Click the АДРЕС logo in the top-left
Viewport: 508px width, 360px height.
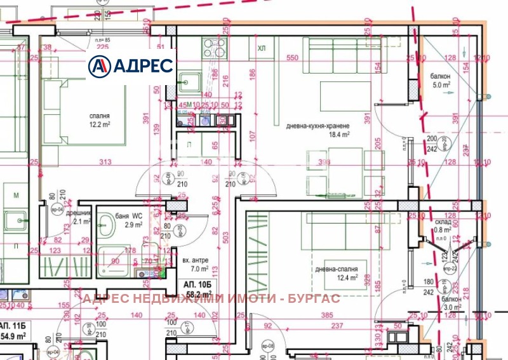pyautogui.click(x=131, y=65)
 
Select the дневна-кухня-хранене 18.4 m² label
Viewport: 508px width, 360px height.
pyautogui.click(x=317, y=130)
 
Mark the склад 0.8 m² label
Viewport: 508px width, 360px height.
pyautogui.click(x=443, y=226)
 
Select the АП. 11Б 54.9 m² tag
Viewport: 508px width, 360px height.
pyautogui.click(x=15, y=330)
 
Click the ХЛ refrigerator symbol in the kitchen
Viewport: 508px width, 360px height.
pyautogui.click(x=262, y=48)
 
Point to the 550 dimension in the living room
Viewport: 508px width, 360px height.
pyautogui.click(x=292, y=58)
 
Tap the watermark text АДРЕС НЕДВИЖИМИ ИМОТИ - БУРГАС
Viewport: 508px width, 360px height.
pyautogui.click(x=211, y=298)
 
